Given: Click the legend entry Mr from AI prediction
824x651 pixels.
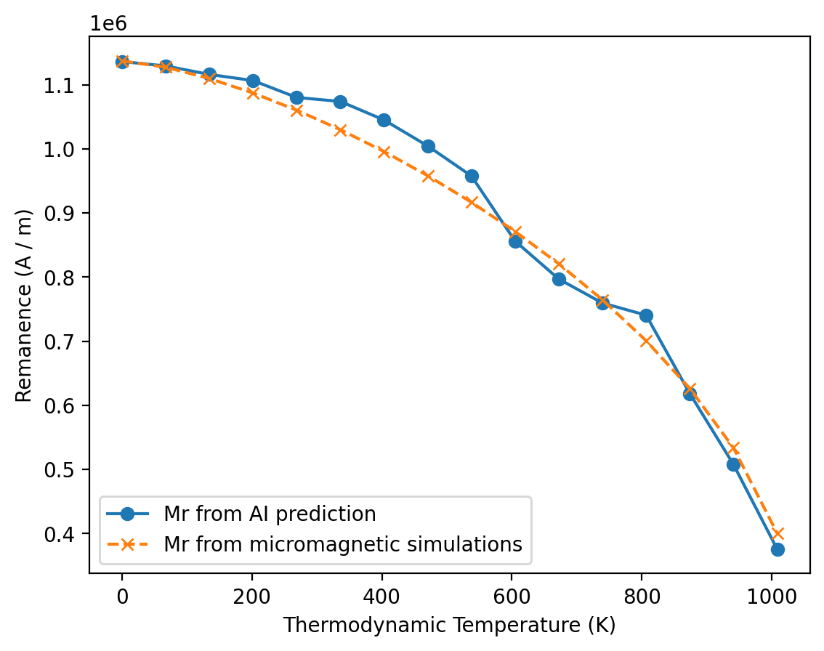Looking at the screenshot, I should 270,514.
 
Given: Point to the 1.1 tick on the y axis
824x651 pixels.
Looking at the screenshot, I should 65,86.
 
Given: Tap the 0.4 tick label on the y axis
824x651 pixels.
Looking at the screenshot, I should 65,534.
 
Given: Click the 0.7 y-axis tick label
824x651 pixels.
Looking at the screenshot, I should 65,341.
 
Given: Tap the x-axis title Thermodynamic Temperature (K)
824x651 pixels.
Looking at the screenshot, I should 449,625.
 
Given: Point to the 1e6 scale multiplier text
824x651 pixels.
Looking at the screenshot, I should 108,23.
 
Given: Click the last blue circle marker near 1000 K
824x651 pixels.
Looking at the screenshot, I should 777,549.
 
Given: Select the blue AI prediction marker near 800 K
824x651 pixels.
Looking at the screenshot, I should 646,315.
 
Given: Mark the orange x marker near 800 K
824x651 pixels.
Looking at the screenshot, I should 646,340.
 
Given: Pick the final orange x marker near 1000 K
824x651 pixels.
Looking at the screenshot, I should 777,534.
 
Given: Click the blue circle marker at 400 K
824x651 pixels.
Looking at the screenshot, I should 384,120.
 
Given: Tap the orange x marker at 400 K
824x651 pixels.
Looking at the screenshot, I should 384,152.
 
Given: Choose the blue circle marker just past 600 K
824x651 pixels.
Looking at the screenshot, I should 515,241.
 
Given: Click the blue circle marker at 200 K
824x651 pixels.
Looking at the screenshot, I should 253,81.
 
